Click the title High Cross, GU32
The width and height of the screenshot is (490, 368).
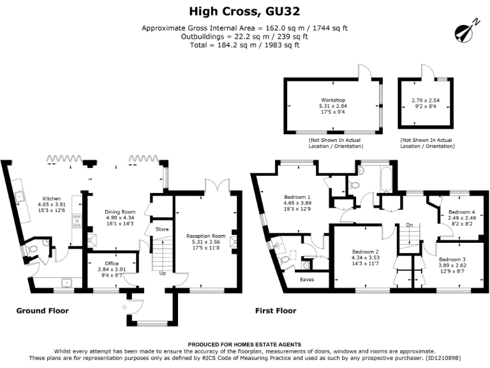click(245, 11)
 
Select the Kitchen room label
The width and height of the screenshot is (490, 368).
click(51, 198)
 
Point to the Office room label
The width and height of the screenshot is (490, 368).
click(108, 263)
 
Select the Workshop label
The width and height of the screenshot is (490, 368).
click(332, 100)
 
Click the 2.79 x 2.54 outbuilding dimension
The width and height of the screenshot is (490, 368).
click(426, 100)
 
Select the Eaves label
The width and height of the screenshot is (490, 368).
click(307, 279)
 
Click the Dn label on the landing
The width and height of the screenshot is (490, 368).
click(409, 225)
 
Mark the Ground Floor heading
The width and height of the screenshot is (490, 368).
click(42, 310)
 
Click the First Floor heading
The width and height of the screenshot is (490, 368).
click(276, 310)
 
